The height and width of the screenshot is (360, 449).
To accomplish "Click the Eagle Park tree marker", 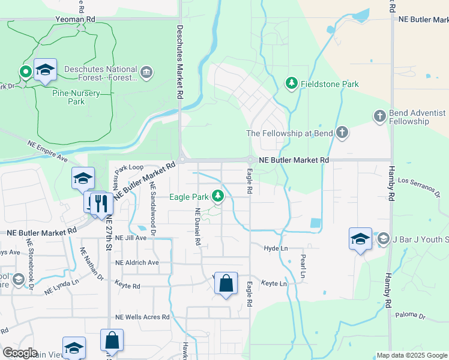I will [x=217, y=196].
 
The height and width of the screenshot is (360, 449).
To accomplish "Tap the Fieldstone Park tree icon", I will [x=292, y=83].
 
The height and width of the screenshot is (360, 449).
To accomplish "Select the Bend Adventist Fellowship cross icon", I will [x=379, y=116].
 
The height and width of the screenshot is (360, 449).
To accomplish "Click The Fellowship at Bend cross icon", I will [x=342, y=133].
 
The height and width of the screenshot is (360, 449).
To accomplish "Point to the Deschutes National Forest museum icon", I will [x=146, y=73].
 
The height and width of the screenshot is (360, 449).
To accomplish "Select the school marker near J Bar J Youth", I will [x=360, y=239].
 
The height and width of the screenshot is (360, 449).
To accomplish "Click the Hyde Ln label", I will [x=276, y=248].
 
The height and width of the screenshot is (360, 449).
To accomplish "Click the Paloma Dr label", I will [x=411, y=316].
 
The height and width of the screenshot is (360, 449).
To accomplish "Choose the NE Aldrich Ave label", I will [x=137, y=263].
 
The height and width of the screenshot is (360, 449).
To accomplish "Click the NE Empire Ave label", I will [x=47, y=151].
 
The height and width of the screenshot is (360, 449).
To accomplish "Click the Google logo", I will [x=20, y=353].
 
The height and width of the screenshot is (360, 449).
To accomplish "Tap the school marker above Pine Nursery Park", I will [x=45, y=70].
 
